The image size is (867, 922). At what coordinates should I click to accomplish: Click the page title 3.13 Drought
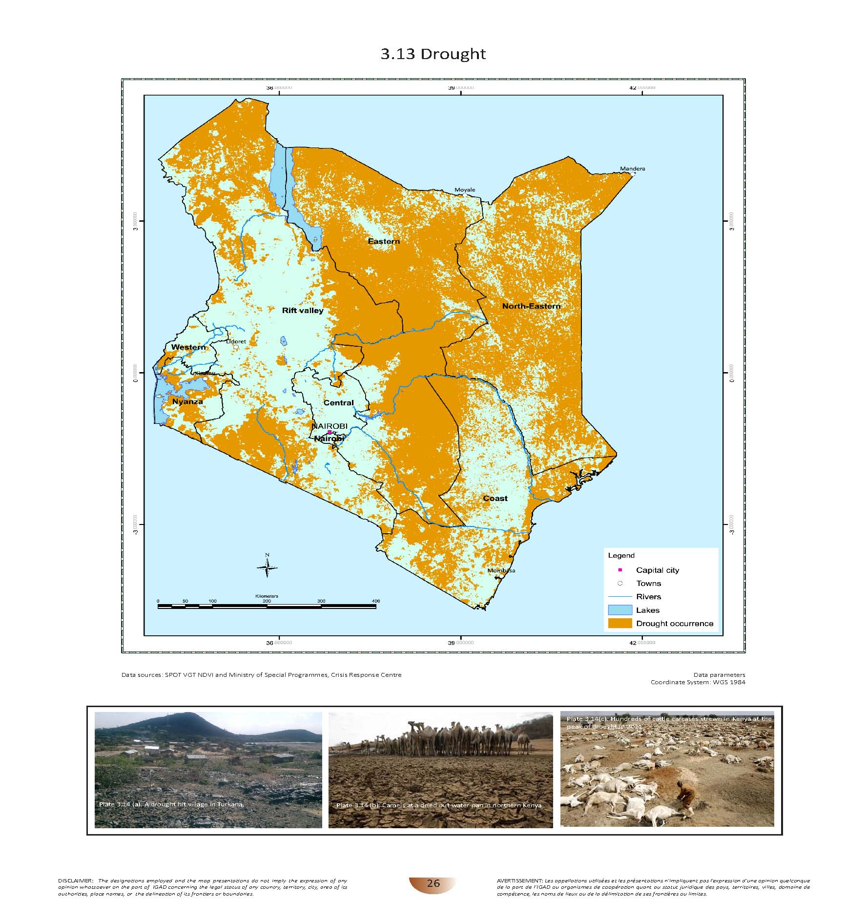pos(433,54)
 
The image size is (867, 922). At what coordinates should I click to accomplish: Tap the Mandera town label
pos(632,168)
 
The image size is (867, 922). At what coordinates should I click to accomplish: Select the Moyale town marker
pos(465,195)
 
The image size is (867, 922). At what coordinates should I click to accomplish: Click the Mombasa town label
pos(501,570)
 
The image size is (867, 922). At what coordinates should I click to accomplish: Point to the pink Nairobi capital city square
pos(330,432)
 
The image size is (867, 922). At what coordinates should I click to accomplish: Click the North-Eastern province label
pos(531,306)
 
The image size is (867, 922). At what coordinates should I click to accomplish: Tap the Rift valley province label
pos(303,310)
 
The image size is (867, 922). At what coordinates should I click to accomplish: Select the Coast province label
pos(495,498)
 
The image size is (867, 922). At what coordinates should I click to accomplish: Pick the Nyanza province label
pos(187,401)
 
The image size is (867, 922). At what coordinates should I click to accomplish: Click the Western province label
pos(188,347)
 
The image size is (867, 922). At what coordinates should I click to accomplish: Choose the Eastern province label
pos(384,241)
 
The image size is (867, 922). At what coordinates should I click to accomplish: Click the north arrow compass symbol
pos(267,566)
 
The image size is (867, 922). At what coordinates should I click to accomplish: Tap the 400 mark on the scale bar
pos(375,601)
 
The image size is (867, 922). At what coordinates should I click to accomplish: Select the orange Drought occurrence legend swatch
pos(619,624)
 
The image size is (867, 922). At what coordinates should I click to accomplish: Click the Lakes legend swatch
pos(619,610)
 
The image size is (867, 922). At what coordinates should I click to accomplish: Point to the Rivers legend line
pos(619,597)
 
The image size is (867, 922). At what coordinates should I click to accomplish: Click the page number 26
pos(433,883)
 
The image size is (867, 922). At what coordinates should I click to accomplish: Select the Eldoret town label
pos(236,341)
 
